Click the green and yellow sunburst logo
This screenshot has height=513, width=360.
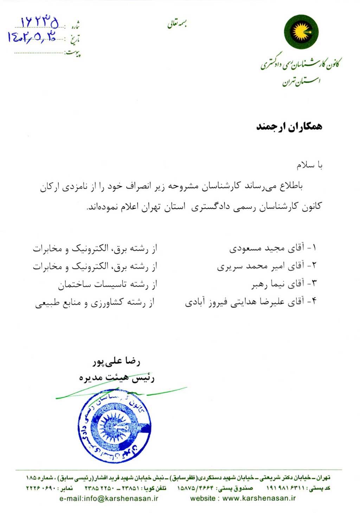[301, 32]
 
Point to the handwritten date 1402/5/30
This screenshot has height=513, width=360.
[32, 38]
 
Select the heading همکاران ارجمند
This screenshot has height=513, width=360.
[289, 127]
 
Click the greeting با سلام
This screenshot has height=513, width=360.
[309, 165]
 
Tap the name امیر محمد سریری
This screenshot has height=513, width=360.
[258, 267]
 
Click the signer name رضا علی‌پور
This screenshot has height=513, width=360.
[116, 362]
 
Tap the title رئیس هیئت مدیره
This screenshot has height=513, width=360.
[117, 378]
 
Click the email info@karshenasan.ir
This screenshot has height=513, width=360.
[109, 498]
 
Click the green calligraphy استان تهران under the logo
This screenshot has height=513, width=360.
[301, 82]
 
